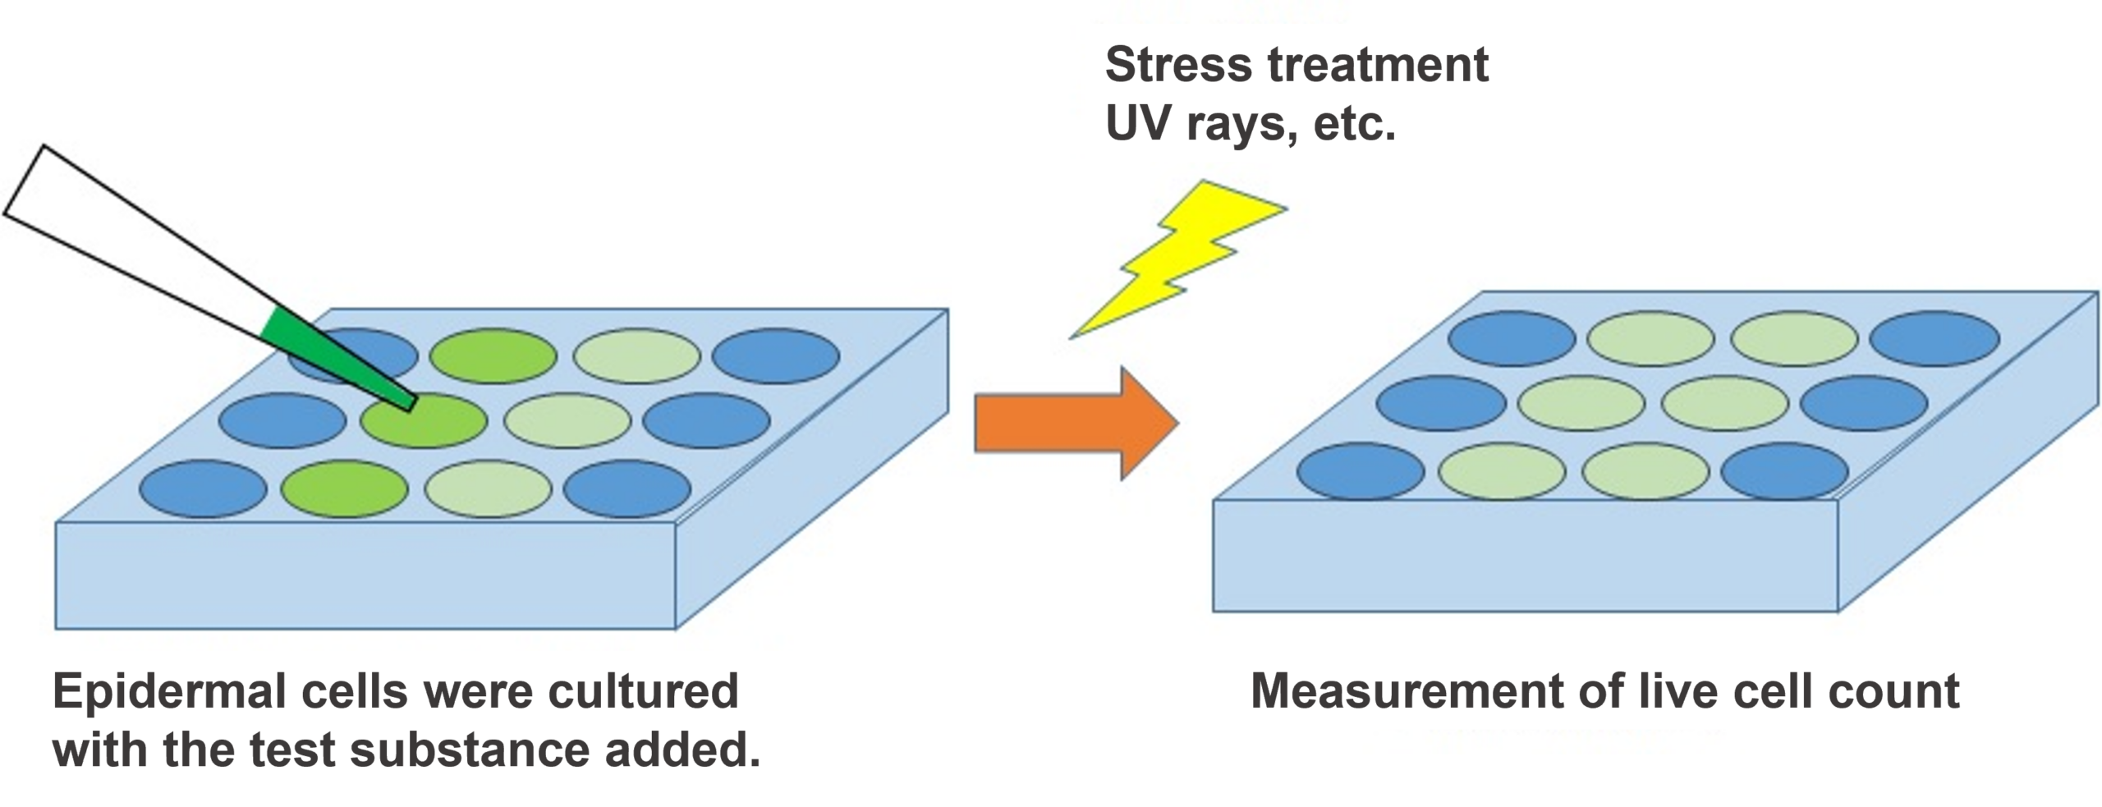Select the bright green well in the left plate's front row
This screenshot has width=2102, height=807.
(x=344, y=489)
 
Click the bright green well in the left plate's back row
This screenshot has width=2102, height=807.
(x=493, y=356)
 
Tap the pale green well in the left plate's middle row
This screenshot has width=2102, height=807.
(x=567, y=421)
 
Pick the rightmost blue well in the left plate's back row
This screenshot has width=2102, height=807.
(x=776, y=356)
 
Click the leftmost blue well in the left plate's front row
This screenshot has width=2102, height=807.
(x=203, y=489)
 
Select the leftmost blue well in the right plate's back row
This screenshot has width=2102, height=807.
(x=1512, y=338)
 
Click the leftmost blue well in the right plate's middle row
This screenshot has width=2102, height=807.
(x=1441, y=403)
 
